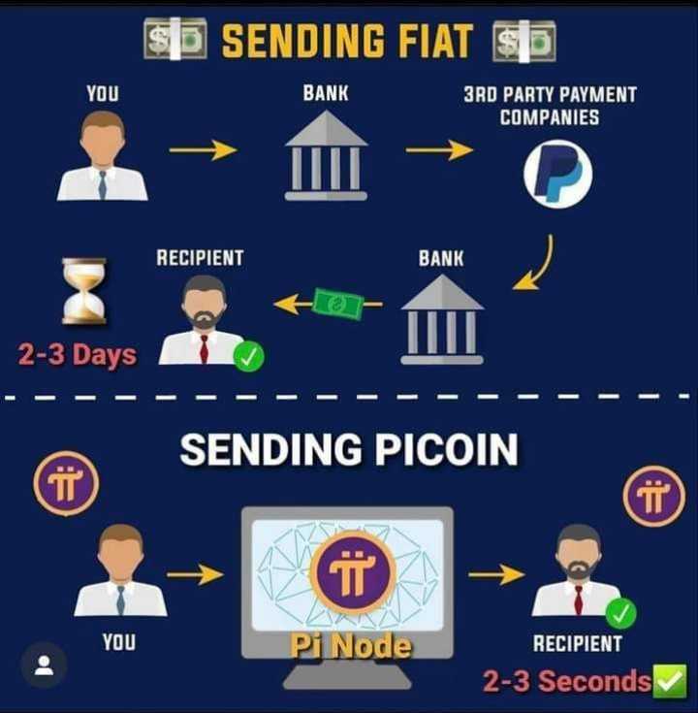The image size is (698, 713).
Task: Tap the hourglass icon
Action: (84, 290)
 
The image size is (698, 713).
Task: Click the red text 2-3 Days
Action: (77, 355)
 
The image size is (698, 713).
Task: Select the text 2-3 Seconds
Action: (567, 681)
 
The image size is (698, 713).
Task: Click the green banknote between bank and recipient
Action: (337, 305)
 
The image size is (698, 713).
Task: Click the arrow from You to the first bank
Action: (204, 149)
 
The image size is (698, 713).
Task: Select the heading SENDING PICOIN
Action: (348, 449)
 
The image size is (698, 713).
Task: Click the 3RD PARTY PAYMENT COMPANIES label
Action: (550, 106)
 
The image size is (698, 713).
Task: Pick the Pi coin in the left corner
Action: (66, 482)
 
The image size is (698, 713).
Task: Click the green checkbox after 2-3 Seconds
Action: (669, 681)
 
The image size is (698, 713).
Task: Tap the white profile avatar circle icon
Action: (44, 665)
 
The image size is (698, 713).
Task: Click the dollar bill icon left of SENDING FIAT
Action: (175, 39)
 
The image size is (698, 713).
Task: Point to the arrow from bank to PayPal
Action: (439, 149)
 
